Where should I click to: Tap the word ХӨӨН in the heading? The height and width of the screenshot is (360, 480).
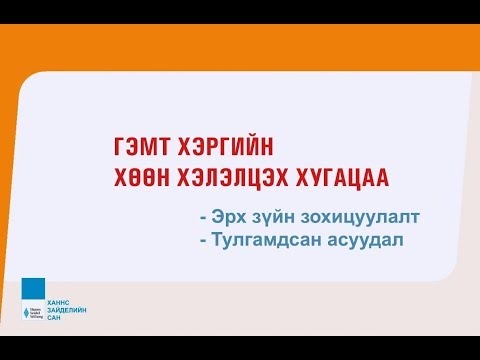[x=141, y=178]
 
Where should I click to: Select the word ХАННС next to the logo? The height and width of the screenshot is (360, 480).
[x=60, y=299]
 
